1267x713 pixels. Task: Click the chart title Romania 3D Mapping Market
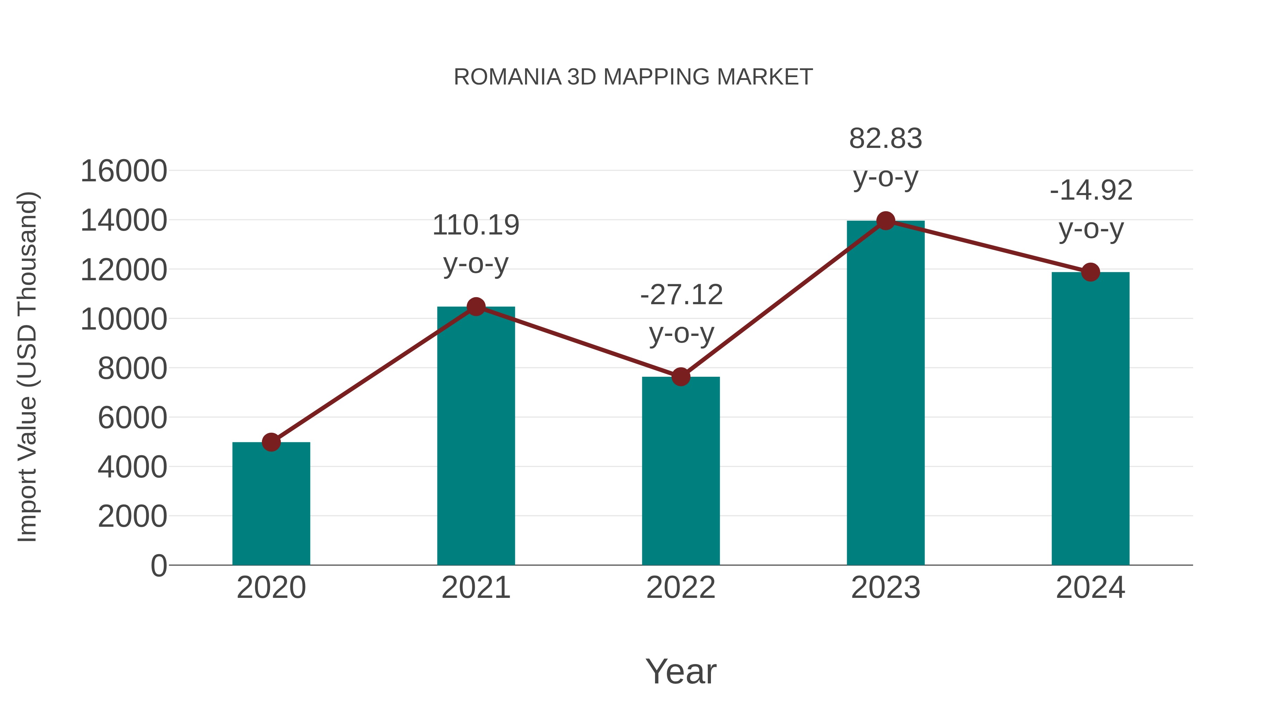pos(633,77)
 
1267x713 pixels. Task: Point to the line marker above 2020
pos(271,442)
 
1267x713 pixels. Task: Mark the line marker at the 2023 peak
pos(885,221)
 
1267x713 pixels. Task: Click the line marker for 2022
pos(681,377)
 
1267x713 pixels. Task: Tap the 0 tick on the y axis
pos(159,565)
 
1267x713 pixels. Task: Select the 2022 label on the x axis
pos(681,588)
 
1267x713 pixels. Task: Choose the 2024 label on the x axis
pos(1090,588)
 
